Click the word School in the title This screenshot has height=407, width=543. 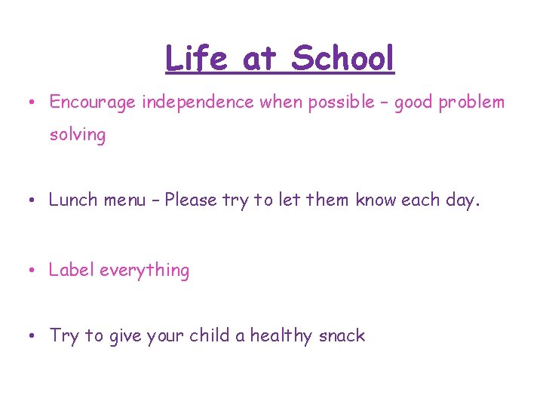pos(343,58)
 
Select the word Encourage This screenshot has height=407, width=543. pos(94,102)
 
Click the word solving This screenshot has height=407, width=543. pos(77,135)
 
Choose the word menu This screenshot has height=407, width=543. pos(125,200)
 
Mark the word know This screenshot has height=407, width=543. pos(376,200)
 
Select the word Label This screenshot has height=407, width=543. pos(72,270)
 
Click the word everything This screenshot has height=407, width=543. pos(144,271)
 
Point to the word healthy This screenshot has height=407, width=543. pos(281,336)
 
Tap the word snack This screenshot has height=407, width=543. pos(342,336)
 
